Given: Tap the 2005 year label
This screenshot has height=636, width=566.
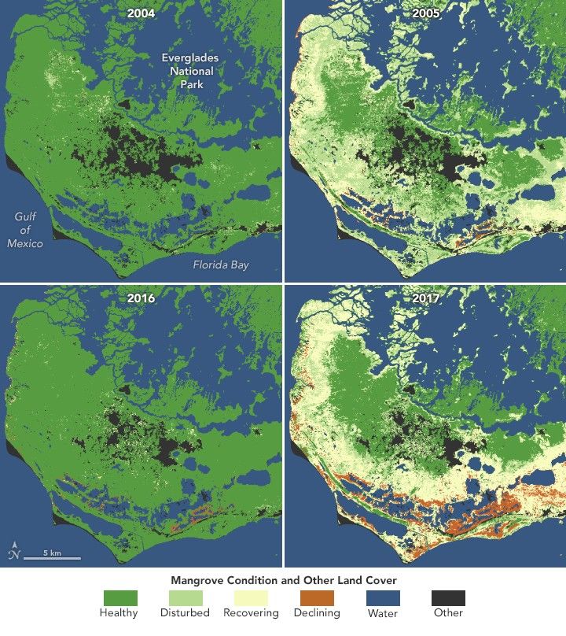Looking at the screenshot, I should point(424,13).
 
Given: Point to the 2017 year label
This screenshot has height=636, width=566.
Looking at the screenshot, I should point(424,299).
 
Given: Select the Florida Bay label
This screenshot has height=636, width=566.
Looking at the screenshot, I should point(221,265).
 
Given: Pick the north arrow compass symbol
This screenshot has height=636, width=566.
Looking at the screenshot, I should point(13,551).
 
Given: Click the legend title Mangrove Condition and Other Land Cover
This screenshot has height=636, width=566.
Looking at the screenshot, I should point(284,579).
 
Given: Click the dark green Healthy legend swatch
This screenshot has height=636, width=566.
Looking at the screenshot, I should point(119,597).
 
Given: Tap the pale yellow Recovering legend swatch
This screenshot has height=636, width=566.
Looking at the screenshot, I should point(251,597).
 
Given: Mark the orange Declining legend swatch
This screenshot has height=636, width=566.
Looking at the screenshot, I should point(317,597).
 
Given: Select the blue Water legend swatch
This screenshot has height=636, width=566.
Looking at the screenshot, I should point(383,597).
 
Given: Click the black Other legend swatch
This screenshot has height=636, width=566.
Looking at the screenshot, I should point(448,597).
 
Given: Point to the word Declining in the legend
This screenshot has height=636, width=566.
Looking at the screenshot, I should point(317,613).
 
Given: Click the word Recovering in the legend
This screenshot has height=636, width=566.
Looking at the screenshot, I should point(251,613).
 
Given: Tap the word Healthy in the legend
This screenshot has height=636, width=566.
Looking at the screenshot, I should point(119,613).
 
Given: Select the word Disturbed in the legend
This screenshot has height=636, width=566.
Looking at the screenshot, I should point(186,613).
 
